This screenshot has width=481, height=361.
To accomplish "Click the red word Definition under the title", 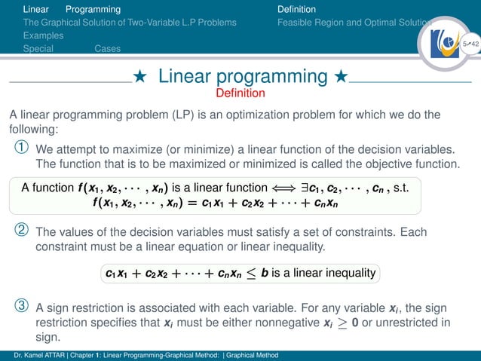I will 240,93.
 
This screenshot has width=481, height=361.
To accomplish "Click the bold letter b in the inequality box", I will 264,272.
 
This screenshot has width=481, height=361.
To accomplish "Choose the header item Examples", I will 43,35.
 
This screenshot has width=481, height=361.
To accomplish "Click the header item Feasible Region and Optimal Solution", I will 353,23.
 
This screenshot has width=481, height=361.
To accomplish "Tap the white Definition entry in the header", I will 296,9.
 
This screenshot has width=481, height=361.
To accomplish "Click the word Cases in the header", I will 108,49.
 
